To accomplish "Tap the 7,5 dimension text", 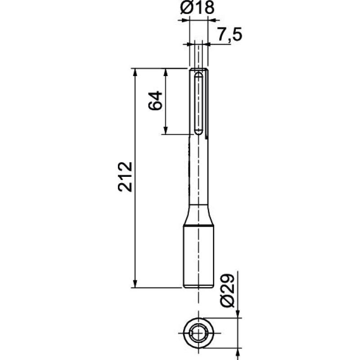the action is (230, 35).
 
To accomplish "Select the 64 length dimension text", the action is (155, 100).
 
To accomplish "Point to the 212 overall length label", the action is (125, 177).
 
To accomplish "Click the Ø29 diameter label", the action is (227, 290).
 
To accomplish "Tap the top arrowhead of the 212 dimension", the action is (135, 72).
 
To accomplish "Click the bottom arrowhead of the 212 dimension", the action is (135, 284).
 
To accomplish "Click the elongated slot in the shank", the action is (198, 103).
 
